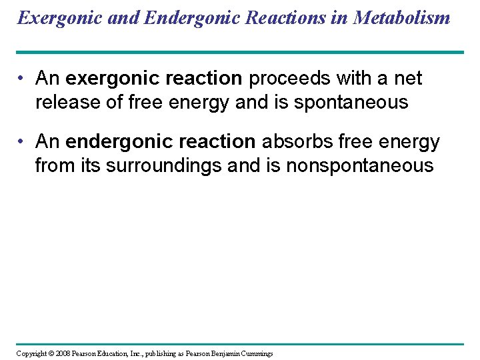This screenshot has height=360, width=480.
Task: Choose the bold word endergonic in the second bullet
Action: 114,142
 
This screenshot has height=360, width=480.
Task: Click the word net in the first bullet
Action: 407,79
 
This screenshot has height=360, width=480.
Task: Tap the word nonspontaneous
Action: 360,166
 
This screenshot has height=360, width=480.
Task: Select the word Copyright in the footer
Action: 31,353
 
